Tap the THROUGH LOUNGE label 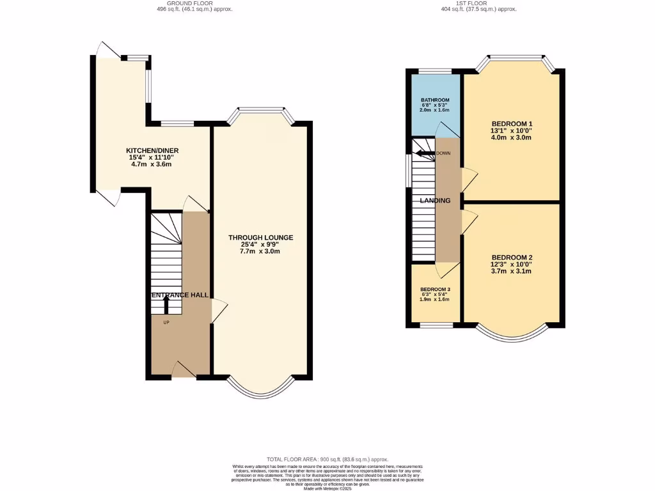point(261,238)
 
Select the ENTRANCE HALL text point(180,295)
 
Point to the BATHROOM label point(435,100)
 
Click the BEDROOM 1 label point(512,124)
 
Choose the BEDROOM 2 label point(512,258)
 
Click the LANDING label point(435,201)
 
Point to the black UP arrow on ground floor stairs point(166,305)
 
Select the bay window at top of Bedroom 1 point(517,59)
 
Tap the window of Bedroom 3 point(437,325)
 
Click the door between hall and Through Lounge point(218,311)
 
